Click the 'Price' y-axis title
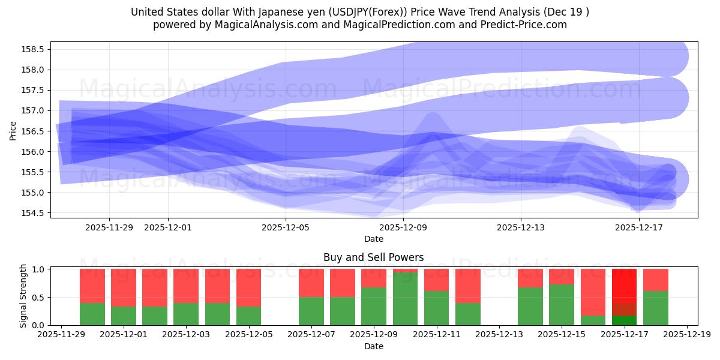coord(13,130)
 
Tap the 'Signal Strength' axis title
coord(22,296)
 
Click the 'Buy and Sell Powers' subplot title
coord(373,257)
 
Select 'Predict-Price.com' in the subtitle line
coord(526,25)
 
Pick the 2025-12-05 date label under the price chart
coord(286,227)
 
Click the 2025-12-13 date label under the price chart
coord(521,227)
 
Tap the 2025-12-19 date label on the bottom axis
coord(687,335)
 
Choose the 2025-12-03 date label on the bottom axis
coord(186,335)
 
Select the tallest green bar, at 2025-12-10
coord(406,299)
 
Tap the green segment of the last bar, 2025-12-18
coord(655,308)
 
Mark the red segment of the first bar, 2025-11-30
coord(92,286)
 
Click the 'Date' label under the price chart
coord(373,239)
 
